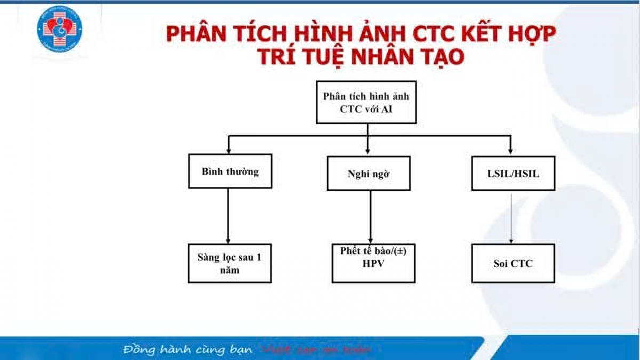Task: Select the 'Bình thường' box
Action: coord(230,171)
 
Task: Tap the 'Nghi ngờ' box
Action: coord(369,173)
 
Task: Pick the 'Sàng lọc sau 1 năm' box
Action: coord(230,263)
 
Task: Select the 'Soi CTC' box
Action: coord(513,263)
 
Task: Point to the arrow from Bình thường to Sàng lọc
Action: coord(228,216)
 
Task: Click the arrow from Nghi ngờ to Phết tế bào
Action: coord(370,216)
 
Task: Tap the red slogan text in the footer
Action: coord(317,350)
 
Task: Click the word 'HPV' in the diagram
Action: coord(373,263)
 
